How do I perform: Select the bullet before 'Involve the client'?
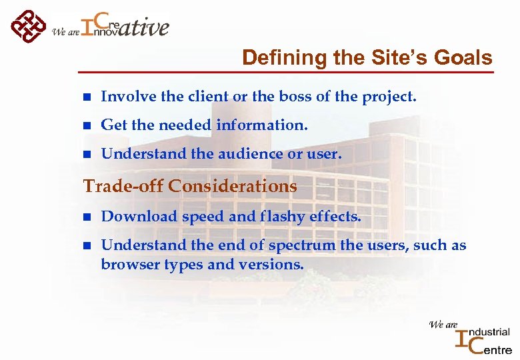click(x=86, y=97)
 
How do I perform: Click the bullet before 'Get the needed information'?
click(x=86, y=126)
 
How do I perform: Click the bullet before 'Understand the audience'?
click(x=86, y=155)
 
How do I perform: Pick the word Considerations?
click(x=233, y=186)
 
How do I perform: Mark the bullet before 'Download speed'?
click(x=86, y=217)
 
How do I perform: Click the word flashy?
click(x=284, y=217)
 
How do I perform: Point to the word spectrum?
click(x=303, y=246)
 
